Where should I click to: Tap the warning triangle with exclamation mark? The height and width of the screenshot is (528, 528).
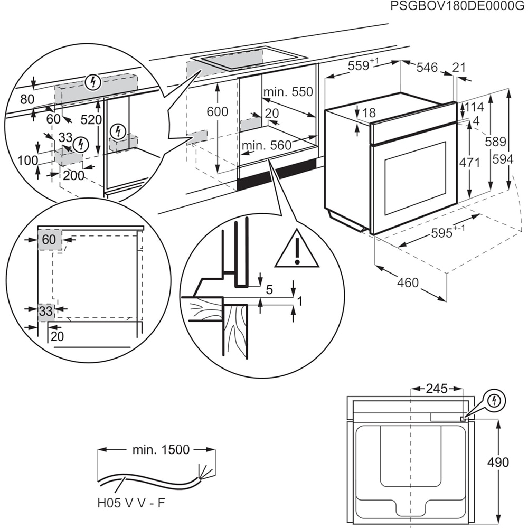coord(297,249)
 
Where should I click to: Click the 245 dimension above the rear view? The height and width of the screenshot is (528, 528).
coord(436,389)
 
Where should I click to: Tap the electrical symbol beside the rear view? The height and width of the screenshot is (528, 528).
coord(494,401)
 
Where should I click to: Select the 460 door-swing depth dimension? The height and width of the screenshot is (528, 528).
coord(408,282)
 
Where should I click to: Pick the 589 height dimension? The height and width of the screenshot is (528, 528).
coord(496,142)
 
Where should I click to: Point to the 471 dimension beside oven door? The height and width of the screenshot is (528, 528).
coord(469,162)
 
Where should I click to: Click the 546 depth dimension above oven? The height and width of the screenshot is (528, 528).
coord(427,67)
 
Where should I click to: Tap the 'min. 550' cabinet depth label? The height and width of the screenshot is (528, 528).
coord(288,92)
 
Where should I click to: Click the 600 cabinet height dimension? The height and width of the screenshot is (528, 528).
coord(218,111)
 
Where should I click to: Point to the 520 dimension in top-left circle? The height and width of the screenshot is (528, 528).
coord(91,120)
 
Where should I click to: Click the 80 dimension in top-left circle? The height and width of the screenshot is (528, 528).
coord(27,99)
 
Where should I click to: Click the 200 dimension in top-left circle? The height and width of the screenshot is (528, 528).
coord(73,175)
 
